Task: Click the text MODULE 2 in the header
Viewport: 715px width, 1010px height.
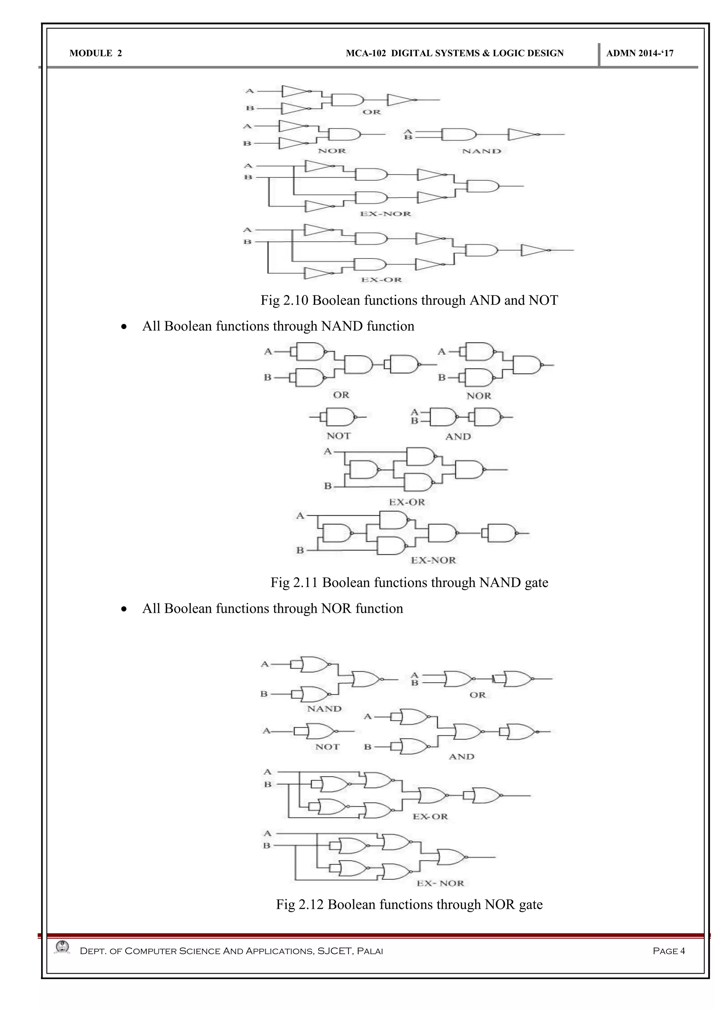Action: (96, 53)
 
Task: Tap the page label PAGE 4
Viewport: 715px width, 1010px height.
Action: (669, 951)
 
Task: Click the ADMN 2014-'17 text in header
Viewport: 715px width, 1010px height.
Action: (640, 53)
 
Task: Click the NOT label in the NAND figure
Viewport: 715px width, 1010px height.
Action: (339, 436)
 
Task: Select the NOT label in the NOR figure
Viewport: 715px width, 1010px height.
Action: (327, 747)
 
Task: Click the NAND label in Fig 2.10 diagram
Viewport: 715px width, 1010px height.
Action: (482, 151)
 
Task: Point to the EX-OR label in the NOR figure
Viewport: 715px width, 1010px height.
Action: (430, 816)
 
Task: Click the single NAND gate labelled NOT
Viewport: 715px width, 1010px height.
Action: (339, 416)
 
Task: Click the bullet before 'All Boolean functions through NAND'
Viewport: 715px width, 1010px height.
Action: (125, 327)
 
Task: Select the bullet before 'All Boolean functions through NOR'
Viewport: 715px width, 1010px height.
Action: (125, 609)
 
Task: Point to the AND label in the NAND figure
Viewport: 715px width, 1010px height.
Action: (458, 436)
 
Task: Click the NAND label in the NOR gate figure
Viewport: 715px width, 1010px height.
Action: (324, 709)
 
